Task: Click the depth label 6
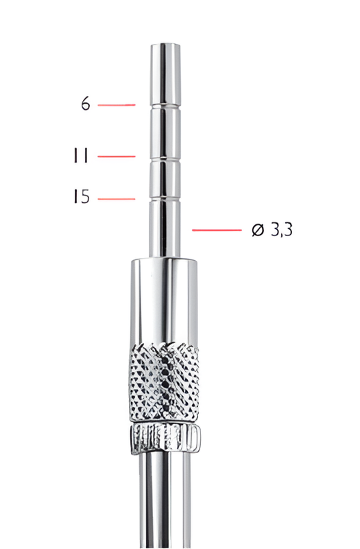coord(85,104)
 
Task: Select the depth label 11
coord(81,156)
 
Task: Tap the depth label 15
coord(81,198)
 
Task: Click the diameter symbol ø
coord(258,231)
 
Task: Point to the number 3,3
coord(281,231)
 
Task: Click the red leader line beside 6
coord(116,105)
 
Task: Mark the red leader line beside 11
coord(117,156)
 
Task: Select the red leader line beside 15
coord(117,199)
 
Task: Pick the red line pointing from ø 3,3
coord(216,231)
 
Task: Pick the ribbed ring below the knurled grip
coord(165,436)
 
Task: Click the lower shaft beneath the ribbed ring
coord(164,501)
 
